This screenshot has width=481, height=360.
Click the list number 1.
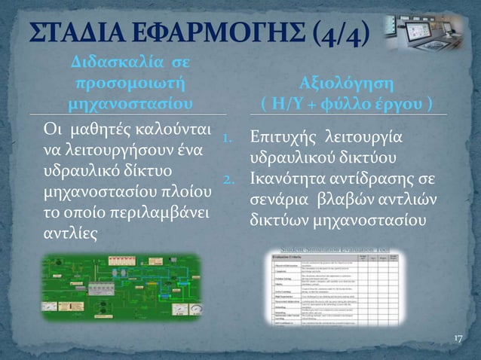233,139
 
